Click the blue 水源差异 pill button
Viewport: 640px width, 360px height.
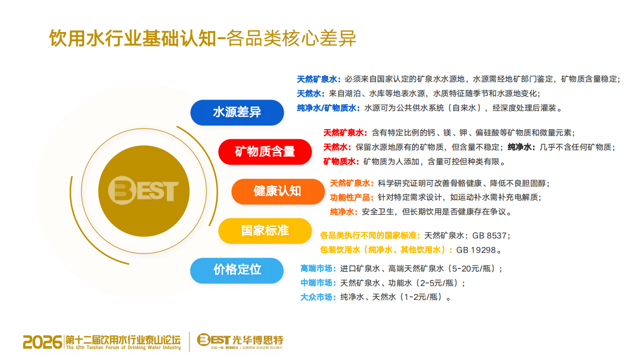click(x=237, y=113)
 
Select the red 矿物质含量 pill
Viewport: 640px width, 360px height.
click(x=265, y=152)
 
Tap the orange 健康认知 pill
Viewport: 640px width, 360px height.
click(x=277, y=191)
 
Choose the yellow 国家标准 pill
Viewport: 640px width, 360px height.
click(x=265, y=230)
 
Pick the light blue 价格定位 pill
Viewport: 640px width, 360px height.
click(x=237, y=270)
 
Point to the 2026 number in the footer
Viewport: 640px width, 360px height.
click(x=42, y=341)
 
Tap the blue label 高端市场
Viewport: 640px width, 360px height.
click(x=316, y=269)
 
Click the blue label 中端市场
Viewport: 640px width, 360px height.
click(x=316, y=283)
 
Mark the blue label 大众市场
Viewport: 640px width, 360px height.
click(x=316, y=297)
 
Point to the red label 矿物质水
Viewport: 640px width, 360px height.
click(x=341, y=162)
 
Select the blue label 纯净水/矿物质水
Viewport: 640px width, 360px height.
click(x=328, y=108)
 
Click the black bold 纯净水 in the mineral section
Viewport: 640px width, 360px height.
click(x=521, y=147)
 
